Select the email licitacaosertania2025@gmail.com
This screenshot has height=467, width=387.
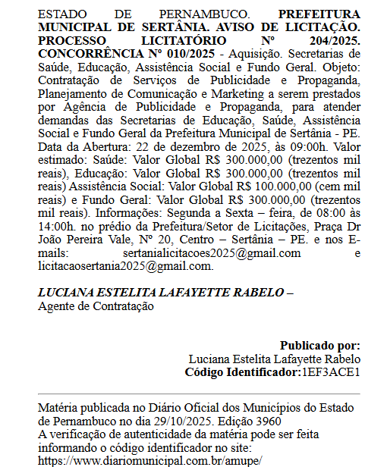[x=125, y=266]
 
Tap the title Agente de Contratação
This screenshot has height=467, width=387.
[x=96, y=306]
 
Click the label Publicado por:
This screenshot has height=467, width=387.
[x=319, y=345]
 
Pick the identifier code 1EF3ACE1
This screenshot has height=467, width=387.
[x=330, y=372]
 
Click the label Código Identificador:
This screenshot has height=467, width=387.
[x=242, y=372]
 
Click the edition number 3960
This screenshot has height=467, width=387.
[x=266, y=420]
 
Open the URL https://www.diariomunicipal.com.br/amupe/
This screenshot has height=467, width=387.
[x=149, y=459]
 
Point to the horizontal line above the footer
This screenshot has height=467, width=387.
[x=199, y=394]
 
